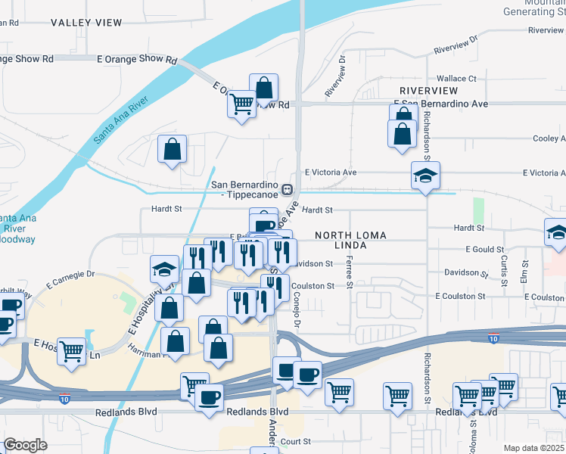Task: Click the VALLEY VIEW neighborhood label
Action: tap(86, 23)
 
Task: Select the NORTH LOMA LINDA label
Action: tap(350, 240)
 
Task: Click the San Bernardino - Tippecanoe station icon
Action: tap(287, 188)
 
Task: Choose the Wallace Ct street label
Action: tap(456, 78)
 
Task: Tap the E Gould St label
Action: tap(484, 249)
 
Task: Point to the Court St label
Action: tap(296, 441)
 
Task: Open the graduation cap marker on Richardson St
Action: tap(425, 176)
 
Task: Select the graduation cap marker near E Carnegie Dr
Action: tap(164, 269)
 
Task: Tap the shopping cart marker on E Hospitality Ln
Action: tap(72, 350)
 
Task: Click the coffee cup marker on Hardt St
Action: tap(263, 224)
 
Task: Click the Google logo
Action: tap(25, 445)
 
